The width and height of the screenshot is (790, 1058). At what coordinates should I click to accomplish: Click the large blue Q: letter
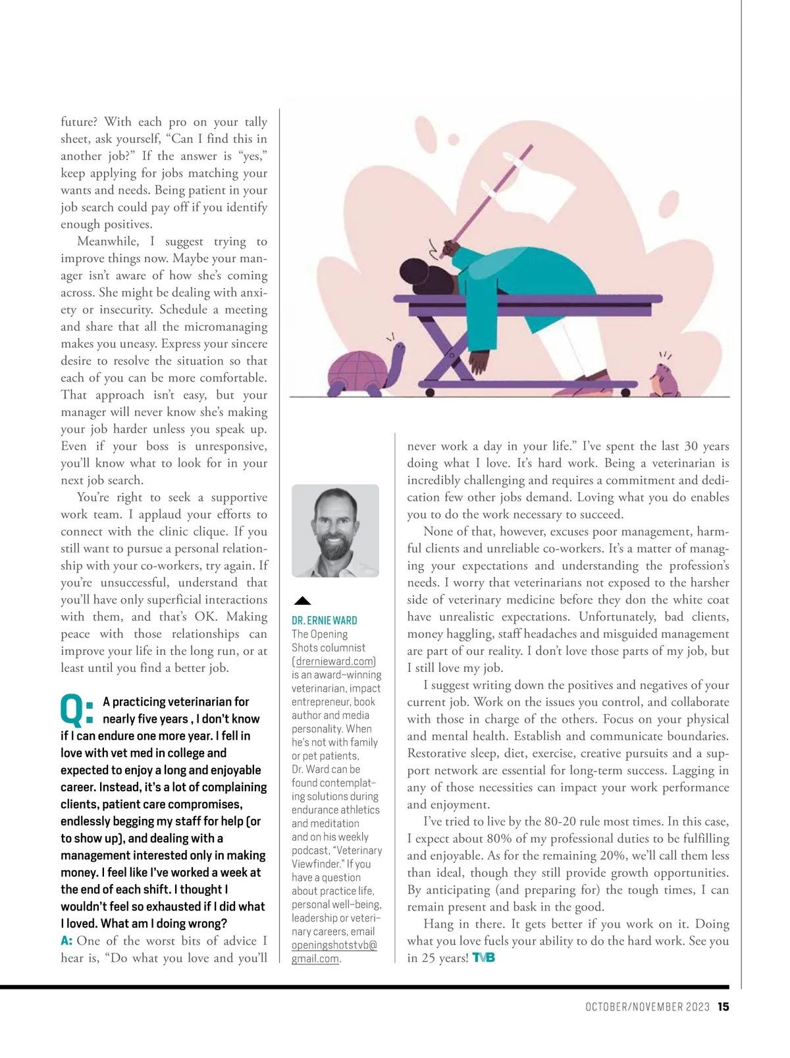click(76, 710)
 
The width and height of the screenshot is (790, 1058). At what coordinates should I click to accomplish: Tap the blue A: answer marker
click(66, 941)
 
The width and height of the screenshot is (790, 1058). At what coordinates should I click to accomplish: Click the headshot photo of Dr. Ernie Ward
click(335, 531)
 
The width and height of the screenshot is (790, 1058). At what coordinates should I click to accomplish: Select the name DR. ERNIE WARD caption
click(324, 621)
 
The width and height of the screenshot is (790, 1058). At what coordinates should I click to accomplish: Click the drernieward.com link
click(334, 661)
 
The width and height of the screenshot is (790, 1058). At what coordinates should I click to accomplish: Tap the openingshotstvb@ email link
click(334, 945)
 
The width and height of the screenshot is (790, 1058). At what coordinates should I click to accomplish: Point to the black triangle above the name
click(302, 600)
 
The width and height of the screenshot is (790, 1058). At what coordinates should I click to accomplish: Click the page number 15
click(723, 1007)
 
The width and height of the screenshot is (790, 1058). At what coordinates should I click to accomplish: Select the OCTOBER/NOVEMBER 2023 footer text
click(647, 1007)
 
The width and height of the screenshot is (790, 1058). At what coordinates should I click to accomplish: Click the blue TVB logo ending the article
click(483, 958)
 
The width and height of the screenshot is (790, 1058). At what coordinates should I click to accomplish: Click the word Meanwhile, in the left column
click(108, 241)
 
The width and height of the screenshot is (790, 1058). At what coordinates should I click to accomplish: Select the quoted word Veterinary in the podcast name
click(359, 850)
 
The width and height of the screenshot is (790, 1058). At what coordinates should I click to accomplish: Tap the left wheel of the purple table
click(430, 392)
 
